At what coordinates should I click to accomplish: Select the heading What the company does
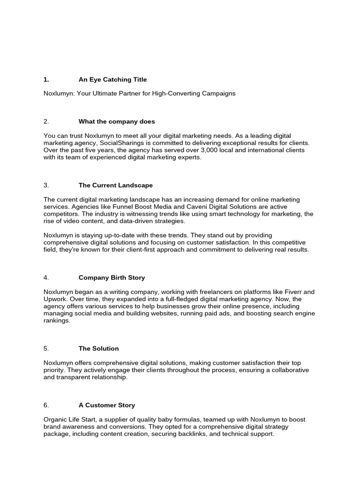117,121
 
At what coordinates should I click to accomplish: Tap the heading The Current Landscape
116,185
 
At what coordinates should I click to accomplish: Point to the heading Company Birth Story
112,277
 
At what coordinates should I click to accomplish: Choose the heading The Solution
99,348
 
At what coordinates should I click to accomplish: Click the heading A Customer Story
107,405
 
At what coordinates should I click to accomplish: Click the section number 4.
46,277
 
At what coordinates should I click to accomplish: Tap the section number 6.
46,405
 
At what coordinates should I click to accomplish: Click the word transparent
73,377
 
